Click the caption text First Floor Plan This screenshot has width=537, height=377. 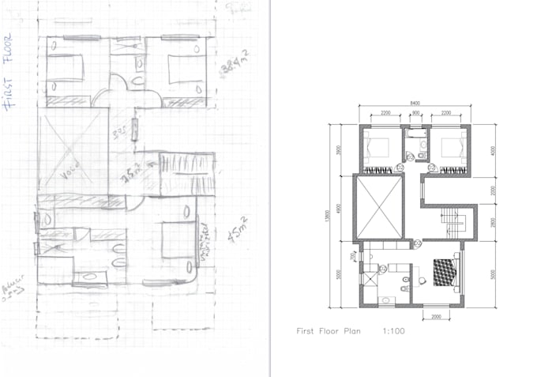point(328,331)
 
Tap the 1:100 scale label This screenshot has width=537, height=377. point(392,331)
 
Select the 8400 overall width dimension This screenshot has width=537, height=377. point(415,103)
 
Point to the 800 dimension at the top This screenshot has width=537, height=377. point(416,113)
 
